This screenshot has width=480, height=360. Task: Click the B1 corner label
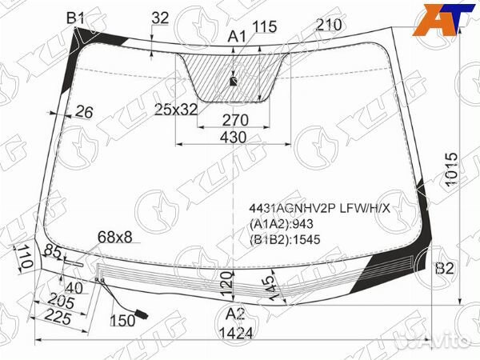point(75,18)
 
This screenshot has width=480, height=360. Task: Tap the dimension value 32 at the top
point(161,18)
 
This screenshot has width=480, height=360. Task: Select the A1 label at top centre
point(237,37)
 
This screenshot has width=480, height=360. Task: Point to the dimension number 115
point(265,26)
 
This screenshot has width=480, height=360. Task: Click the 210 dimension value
point(329,25)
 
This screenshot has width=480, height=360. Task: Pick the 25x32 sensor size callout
point(176,110)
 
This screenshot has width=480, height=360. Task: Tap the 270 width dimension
point(235,120)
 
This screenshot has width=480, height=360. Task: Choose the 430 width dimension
point(234,138)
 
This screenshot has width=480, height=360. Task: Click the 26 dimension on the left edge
point(83,112)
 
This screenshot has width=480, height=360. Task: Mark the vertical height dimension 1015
point(451,170)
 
